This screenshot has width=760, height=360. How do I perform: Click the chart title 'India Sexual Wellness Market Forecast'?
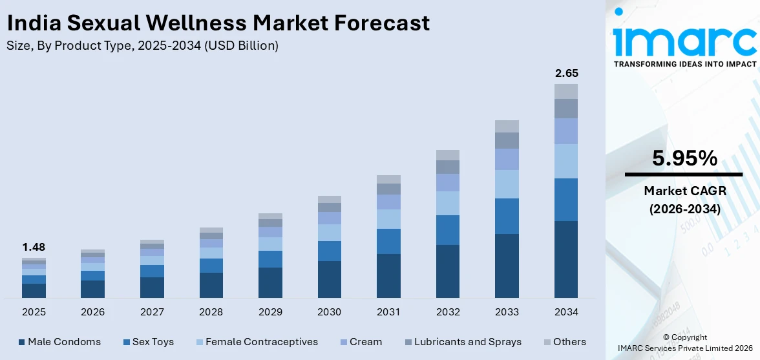218,23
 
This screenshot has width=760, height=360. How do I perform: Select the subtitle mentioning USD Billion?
142,46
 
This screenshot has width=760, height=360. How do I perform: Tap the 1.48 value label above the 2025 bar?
34,247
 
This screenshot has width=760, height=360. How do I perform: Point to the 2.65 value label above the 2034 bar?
566,73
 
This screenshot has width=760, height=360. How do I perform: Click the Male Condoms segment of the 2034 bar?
566,259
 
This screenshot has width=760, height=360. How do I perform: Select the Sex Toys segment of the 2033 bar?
507,216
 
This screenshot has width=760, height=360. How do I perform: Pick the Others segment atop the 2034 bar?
566,91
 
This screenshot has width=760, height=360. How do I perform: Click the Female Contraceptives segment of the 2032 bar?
448,203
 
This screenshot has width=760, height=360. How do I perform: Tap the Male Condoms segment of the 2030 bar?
330,279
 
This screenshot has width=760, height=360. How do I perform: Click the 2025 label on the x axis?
34,312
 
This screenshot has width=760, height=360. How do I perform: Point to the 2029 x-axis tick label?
270,312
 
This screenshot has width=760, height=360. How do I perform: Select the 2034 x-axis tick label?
566,312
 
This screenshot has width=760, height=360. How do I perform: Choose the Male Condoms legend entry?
59,342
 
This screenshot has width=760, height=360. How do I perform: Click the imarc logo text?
684,40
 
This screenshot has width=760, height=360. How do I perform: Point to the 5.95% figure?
684,158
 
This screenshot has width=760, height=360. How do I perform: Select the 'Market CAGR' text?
684,191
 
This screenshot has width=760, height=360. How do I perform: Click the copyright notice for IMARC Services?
684,343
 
